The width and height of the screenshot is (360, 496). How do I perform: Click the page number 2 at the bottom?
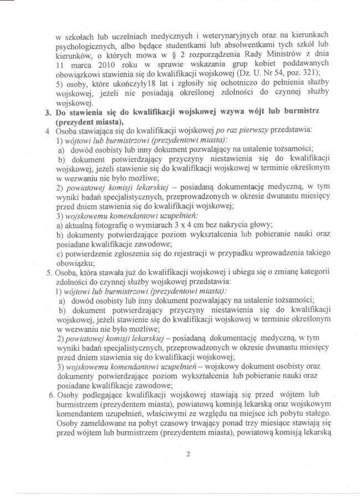click(188, 456)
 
